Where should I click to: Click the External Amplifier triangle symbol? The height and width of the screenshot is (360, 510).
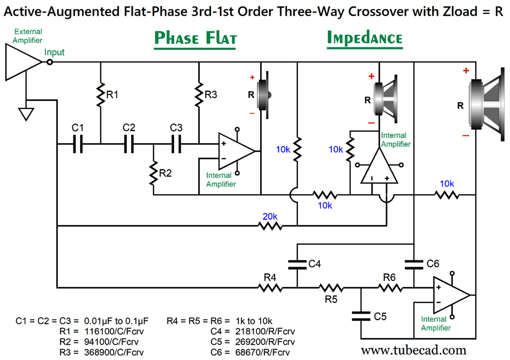[22, 62]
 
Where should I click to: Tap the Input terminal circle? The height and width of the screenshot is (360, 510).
[49, 62]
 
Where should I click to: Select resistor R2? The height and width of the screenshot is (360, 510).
[153, 173]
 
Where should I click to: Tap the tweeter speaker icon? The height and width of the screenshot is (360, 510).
[264, 94]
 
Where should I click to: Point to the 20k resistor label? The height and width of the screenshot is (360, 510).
[270, 216]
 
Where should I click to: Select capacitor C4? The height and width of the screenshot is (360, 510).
[297, 264]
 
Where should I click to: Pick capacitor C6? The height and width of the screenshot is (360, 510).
[414, 264]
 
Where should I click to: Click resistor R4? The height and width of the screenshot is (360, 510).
[270, 288]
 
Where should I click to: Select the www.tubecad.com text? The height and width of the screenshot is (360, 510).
[414, 350]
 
